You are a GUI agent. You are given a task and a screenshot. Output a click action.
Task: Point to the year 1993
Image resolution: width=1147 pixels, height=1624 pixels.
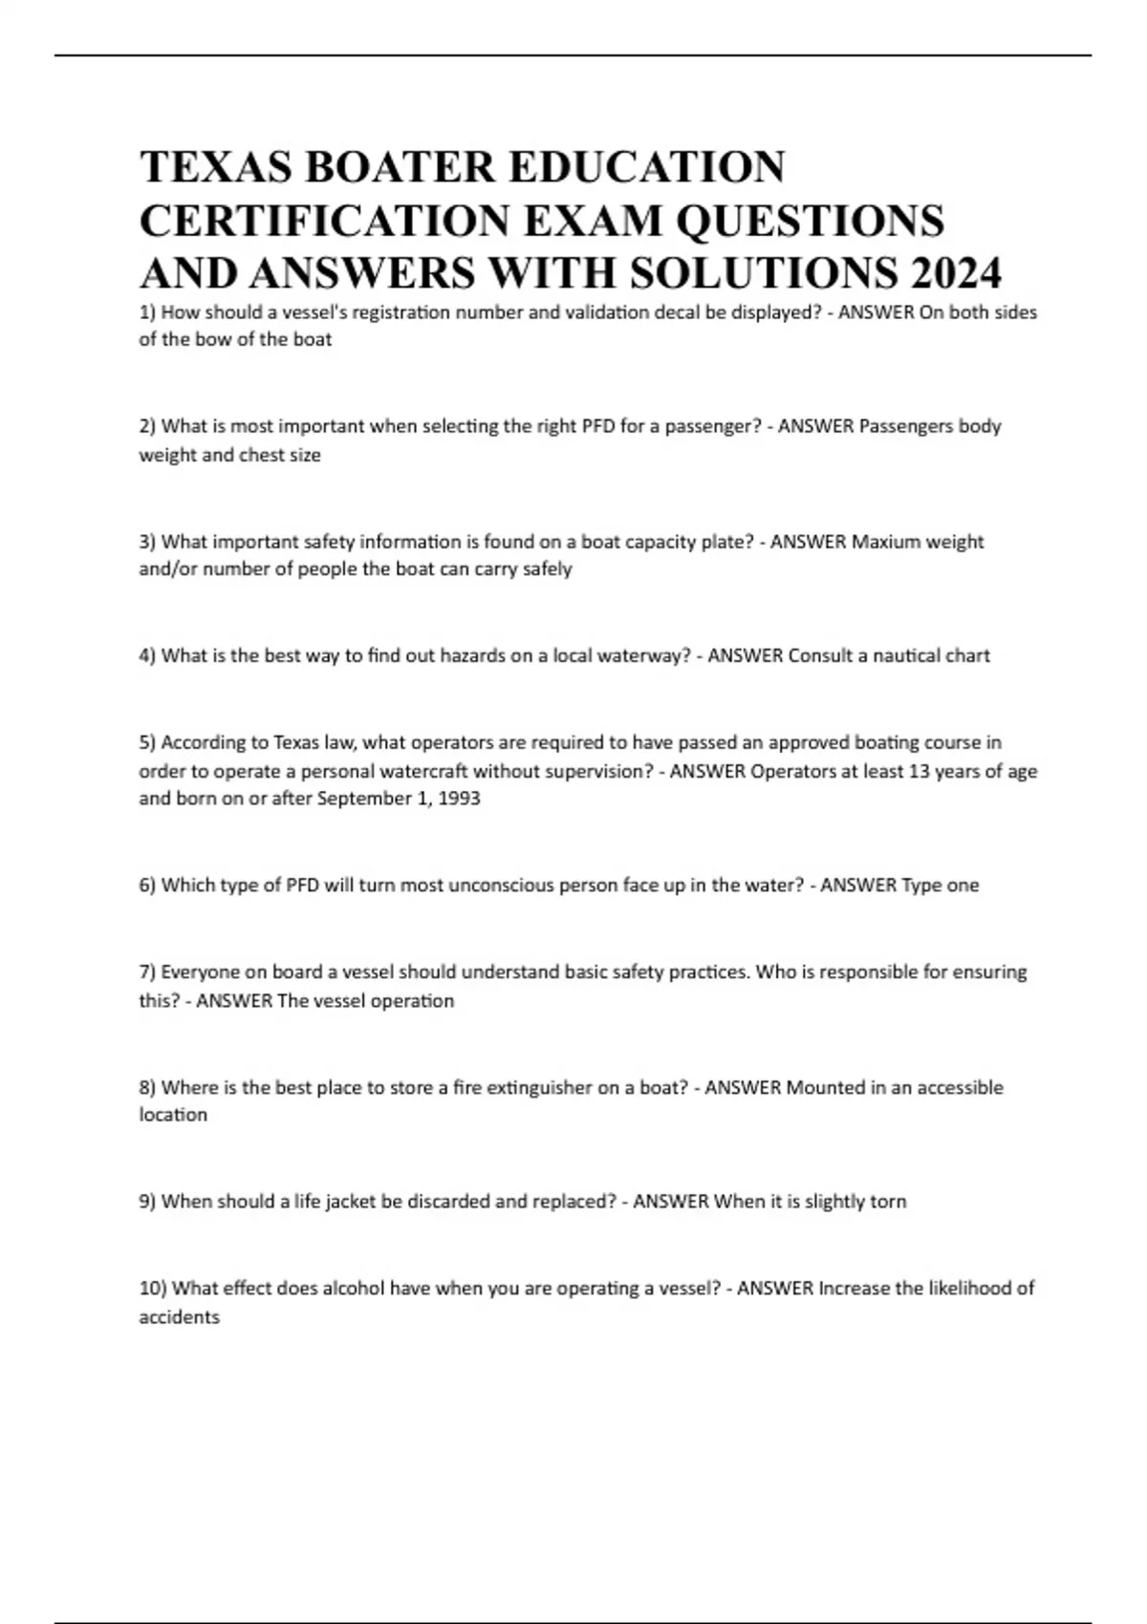coord(459,799)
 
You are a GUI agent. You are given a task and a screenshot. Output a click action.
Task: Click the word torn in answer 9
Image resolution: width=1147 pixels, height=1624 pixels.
coord(887,1202)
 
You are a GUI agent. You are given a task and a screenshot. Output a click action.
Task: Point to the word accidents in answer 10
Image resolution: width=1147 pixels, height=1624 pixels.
coord(180,1317)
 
